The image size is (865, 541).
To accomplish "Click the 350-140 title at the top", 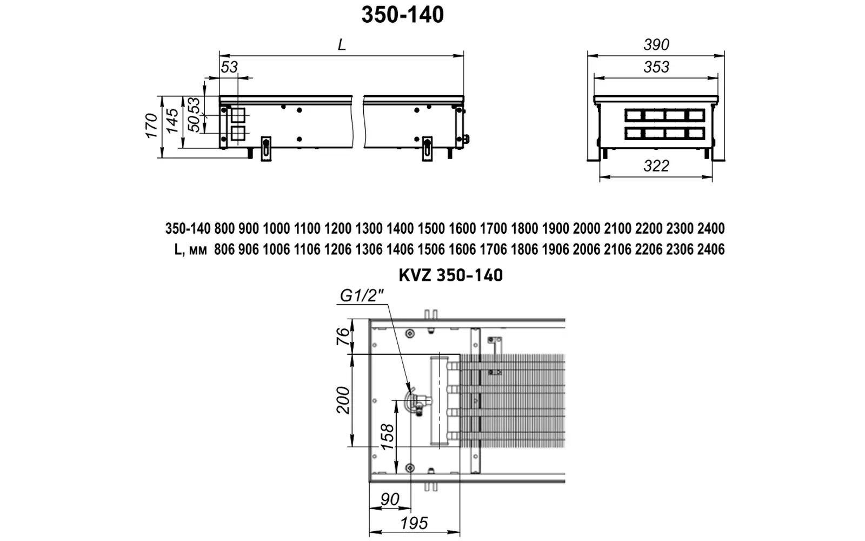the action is point(402,15).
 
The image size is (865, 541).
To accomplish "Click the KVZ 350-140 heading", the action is point(451,275).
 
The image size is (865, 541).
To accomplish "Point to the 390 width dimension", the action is point(656,45).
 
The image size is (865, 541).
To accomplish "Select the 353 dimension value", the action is point(656,67).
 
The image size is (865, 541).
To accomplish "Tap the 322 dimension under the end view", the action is point(656,166).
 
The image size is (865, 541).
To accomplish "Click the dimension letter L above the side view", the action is point(342,45).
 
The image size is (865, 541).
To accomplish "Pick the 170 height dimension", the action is point(151,126).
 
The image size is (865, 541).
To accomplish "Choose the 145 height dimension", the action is point(172,121).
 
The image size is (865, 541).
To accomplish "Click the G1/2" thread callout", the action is point(362,295).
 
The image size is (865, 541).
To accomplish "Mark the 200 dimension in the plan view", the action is point(343,400).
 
